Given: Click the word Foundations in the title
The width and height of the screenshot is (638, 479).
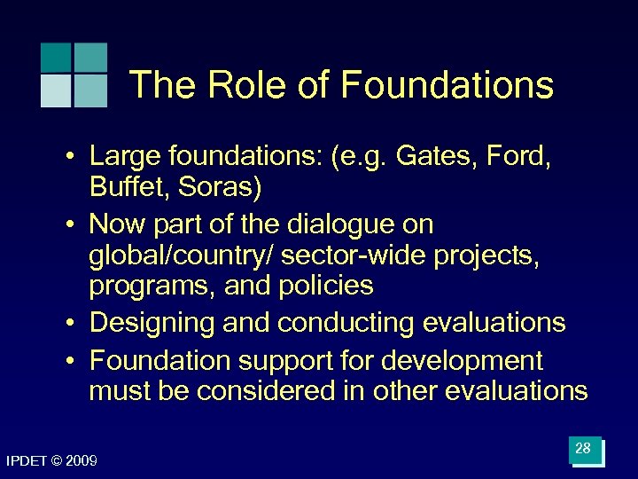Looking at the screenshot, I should pos(447,86).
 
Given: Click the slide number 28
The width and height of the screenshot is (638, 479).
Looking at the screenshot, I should pos(583,449).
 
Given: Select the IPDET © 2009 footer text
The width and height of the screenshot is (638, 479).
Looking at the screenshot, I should pos(51,461).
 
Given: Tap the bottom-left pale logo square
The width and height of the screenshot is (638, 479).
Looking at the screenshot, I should pos(56,90).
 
